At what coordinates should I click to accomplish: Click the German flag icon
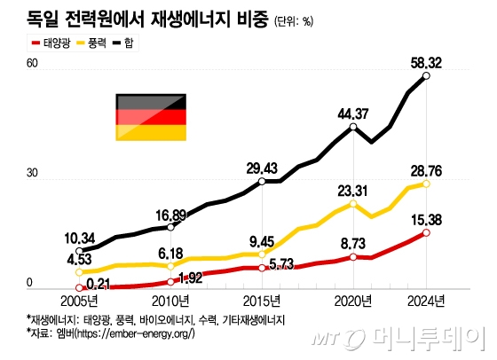click(x=149, y=117)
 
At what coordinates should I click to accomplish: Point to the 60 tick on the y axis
click(x=33, y=64)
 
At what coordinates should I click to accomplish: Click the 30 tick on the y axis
click(x=33, y=174)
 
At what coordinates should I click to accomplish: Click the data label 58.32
click(x=428, y=62)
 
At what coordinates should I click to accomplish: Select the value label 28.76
click(x=426, y=168)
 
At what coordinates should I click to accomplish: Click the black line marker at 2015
click(x=262, y=181)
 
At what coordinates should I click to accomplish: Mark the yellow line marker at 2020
click(x=354, y=203)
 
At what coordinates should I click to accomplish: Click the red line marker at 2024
click(x=427, y=232)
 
